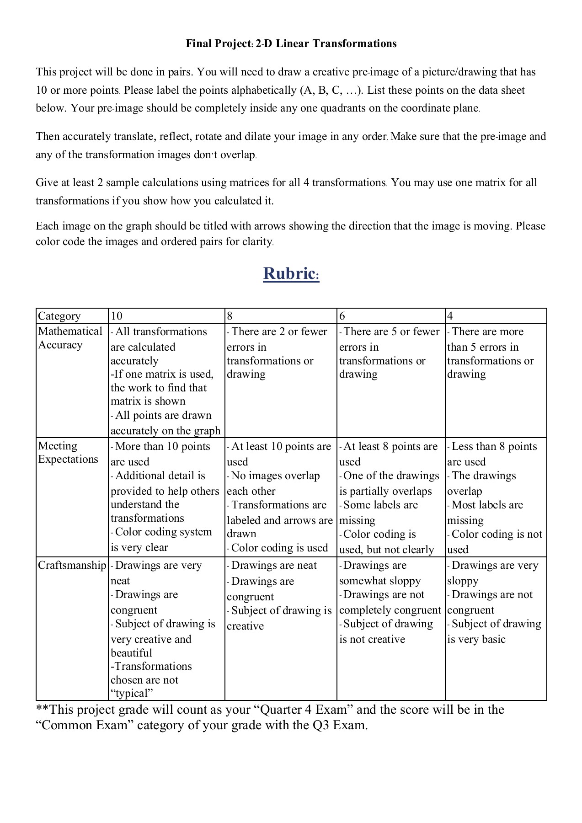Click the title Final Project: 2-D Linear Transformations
tap(291, 44)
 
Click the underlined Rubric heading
tap(291, 273)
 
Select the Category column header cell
tap(59, 316)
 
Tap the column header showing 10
tap(117, 316)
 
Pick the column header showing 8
tap(230, 316)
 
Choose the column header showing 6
tap(342, 316)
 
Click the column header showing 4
tap(450, 316)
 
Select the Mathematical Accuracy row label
tap(70, 338)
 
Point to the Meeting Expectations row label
tap(68, 452)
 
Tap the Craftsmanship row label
tap(72, 565)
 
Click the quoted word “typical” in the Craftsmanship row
tap(132, 693)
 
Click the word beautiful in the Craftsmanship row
tap(131, 653)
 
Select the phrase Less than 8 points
tap(494, 446)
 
